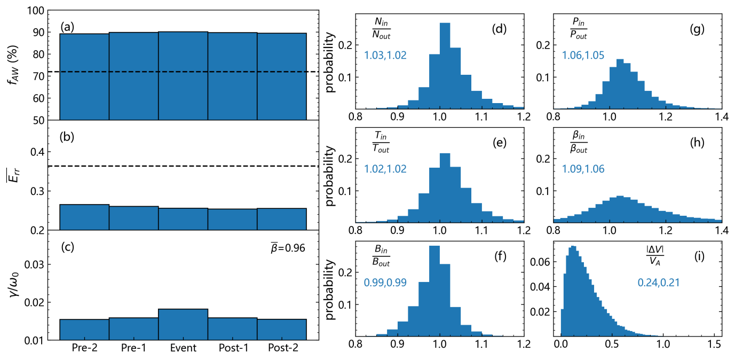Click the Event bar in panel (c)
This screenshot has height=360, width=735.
click(183, 324)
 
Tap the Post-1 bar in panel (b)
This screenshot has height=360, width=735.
click(232, 220)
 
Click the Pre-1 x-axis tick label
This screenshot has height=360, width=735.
click(133, 348)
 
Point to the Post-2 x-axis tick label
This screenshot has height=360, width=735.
click(282, 348)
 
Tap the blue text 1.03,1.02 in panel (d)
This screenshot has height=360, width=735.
click(385, 54)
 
